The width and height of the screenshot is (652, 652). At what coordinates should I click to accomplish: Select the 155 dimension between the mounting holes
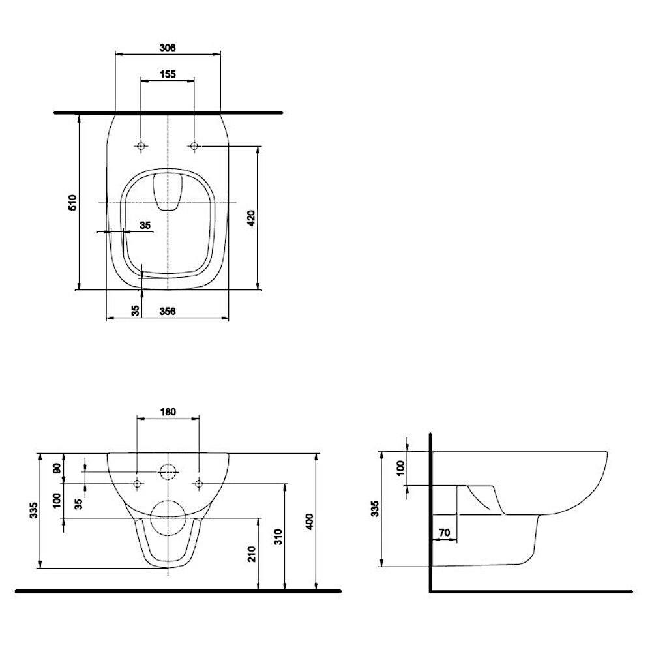coord(168,74)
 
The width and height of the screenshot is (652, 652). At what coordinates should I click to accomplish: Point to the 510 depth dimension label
coord(73,202)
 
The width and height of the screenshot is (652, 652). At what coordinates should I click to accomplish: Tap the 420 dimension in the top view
coord(252,218)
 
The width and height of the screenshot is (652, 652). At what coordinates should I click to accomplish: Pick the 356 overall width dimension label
coord(168,312)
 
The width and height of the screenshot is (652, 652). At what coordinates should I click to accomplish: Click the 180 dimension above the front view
coord(168,411)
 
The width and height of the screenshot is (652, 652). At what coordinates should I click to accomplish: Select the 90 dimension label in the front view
coord(57,468)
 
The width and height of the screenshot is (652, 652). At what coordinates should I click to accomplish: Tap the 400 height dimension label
coord(310,521)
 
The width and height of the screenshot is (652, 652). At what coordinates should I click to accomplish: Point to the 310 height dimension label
coord(278,537)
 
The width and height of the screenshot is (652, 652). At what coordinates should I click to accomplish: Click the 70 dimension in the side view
coord(444,533)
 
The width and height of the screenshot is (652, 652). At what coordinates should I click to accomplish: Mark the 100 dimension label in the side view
coord(400,467)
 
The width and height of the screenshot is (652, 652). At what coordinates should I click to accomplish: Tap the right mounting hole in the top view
coord(194,146)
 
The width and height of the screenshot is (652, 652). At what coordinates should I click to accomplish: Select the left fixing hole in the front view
coord(138,483)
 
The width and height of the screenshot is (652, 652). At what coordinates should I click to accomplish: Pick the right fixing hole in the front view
coord(198,483)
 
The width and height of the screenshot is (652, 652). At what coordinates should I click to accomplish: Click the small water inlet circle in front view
coord(168,471)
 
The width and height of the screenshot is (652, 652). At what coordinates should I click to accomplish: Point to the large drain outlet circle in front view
coord(168,518)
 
